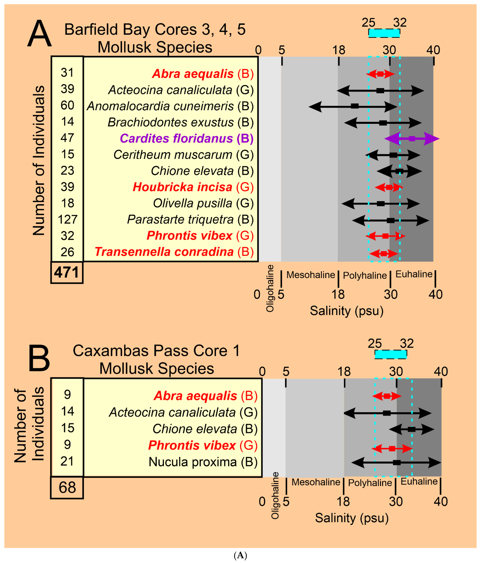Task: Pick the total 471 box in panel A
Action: point(67,272)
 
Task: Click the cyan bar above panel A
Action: point(384,33)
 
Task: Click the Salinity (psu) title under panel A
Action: point(347,311)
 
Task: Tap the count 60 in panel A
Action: point(67,105)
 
